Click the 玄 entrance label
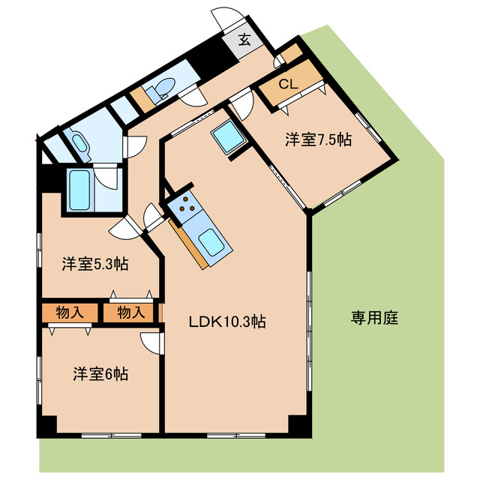(244, 40)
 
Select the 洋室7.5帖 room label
(318, 139)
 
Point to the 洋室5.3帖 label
(94, 264)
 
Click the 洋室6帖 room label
(100, 373)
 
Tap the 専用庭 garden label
(373, 317)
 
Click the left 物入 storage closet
(69, 312)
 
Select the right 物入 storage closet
(130, 312)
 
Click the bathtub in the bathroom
(79, 190)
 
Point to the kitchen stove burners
(185, 202)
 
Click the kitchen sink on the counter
(212, 244)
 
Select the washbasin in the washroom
(78, 142)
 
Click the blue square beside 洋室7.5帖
(226, 138)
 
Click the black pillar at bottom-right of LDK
(298, 424)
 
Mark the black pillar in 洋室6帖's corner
(47, 424)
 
